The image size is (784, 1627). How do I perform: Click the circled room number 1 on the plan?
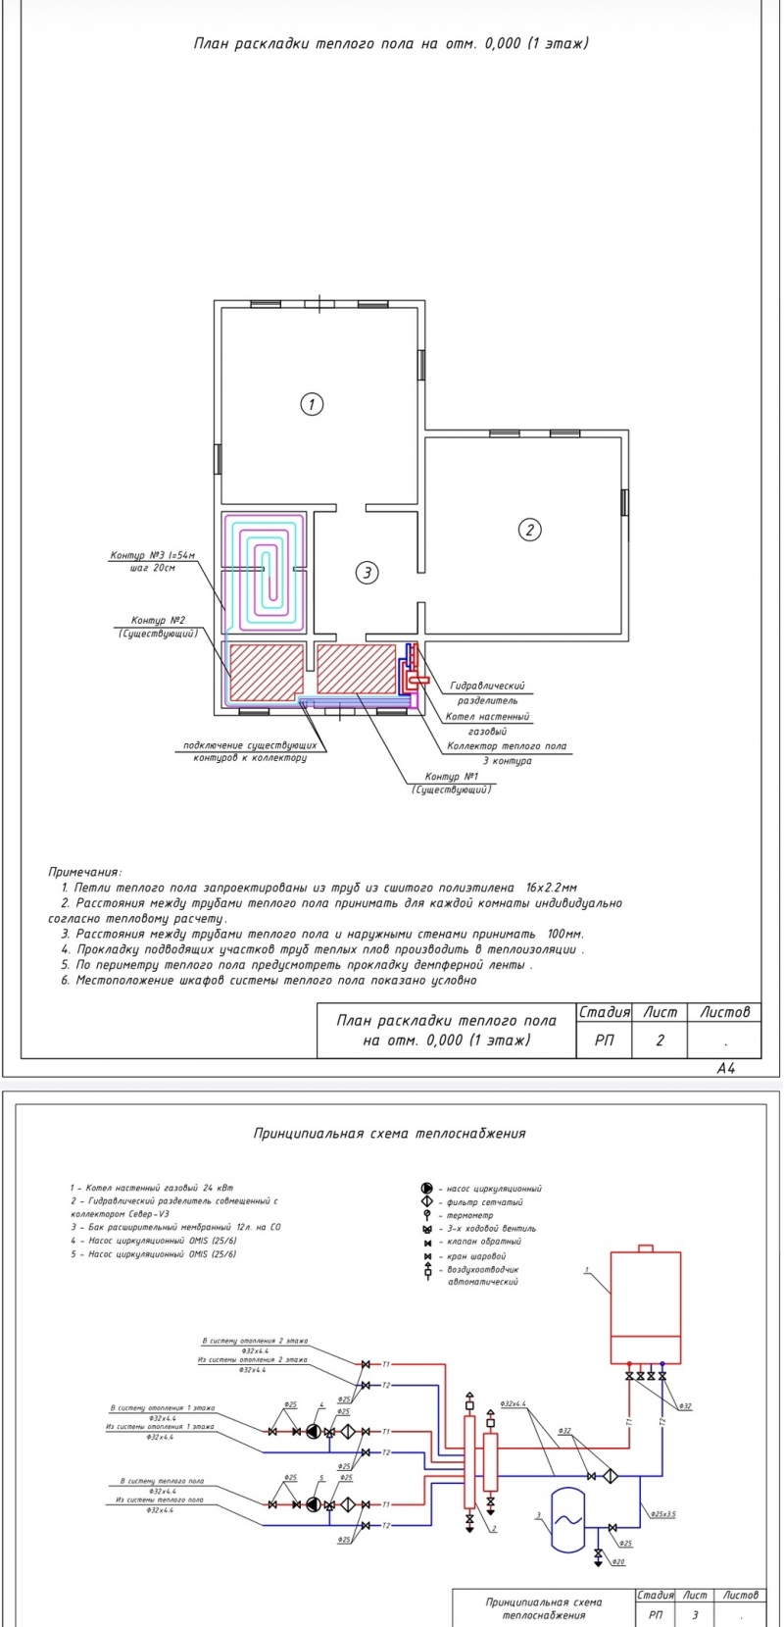point(311,404)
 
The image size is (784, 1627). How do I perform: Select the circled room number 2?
point(529,530)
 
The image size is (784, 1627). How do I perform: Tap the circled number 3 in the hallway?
point(366,573)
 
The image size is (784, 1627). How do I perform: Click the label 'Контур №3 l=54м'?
point(152,557)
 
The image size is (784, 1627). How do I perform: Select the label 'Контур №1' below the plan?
point(452,777)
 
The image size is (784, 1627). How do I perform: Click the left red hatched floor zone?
point(266,671)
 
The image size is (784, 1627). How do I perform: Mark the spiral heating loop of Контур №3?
point(265,569)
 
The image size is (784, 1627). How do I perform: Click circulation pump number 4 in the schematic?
point(313,1431)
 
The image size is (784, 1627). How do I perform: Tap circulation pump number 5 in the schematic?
point(313,1503)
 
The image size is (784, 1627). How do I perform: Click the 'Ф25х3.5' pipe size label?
point(662,1513)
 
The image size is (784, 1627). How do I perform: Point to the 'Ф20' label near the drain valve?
point(618,1560)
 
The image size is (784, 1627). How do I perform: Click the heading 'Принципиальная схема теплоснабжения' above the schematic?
point(389,1133)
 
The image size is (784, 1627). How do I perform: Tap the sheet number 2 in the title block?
point(660,1041)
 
